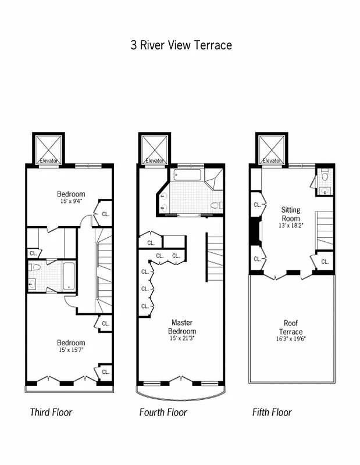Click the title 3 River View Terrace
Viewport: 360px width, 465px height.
(x=181, y=45)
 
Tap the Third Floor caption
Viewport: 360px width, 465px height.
(x=51, y=413)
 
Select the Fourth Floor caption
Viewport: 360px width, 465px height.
(x=163, y=413)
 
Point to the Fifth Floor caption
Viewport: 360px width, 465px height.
(x=272, y=413)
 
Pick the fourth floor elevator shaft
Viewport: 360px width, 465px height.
(x=155, y=149)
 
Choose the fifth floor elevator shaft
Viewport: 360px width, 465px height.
(x=272, y=149)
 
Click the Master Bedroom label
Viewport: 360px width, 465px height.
(x=181, y=326)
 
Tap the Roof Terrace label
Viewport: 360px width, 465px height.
(x=290, y=327)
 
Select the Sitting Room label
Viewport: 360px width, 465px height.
(x=290, y=213)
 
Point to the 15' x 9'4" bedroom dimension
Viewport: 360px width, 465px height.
(x=71, y=201)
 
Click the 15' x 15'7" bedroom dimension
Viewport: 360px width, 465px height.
(x=71, y=350)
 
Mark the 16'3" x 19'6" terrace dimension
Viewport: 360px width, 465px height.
(x=290, y=338)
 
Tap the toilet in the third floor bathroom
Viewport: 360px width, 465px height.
(x=36, y=269)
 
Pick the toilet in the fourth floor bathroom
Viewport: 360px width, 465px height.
(x=216, y=205)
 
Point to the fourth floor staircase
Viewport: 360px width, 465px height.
(x=215, y=256)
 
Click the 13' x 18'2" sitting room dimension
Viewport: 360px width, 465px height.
(x=290, y=225)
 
